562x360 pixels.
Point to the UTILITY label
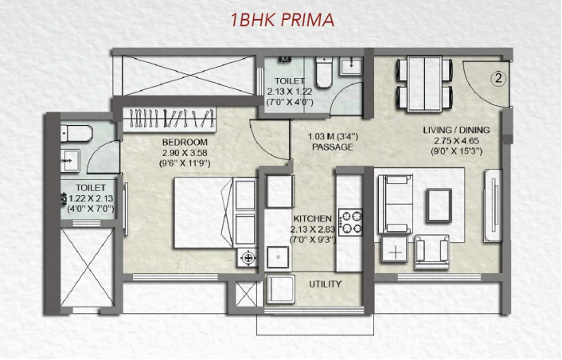coord(326,284)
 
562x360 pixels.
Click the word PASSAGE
coord(332,147)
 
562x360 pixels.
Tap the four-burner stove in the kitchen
coord(351,221)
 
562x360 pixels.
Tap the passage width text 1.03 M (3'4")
coord(332,137)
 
